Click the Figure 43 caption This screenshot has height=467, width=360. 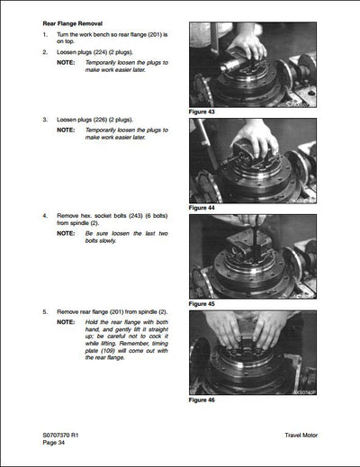(x=203, y=112)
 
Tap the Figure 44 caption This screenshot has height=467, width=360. (x=203, y=208)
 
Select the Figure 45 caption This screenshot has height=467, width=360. (x=203, y=304)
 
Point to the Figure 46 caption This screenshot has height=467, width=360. (x=203, y=400)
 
